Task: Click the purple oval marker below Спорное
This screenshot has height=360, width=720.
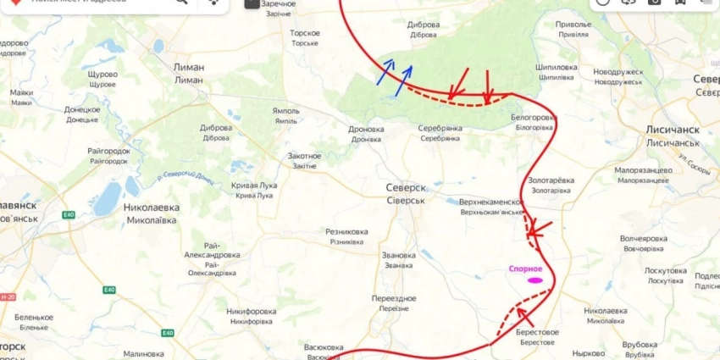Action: tap(534, 280)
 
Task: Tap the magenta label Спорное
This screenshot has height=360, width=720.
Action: tap(525, 269)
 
